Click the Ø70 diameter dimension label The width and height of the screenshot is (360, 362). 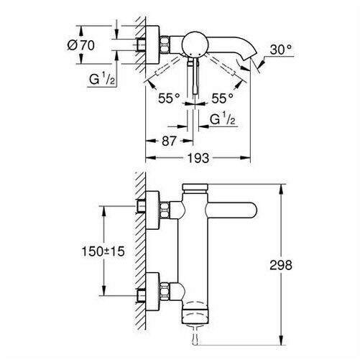[x=81, y=45]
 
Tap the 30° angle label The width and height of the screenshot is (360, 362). [x=281, y=50]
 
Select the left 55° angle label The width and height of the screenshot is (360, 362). [x=169, y=98]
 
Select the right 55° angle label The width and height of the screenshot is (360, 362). [x=222, y=98]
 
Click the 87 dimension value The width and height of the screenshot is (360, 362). [x=169, y=141]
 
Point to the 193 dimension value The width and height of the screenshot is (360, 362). [x=198, y=158]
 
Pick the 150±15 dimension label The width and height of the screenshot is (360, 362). [x=103, y=251]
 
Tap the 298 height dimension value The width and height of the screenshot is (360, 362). [x=281, y=265]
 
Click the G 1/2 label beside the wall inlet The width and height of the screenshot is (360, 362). [x=102, y=79]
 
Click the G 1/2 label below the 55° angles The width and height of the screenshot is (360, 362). [x=222, y=119]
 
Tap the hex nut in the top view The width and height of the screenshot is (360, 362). [x=165, y=45]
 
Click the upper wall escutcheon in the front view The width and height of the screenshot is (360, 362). [x=152, y=210]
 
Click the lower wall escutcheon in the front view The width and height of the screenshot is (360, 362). [x=152, y=292]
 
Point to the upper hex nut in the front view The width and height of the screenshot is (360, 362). [x=165, y=210]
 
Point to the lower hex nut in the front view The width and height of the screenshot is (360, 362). [x=165, y=292]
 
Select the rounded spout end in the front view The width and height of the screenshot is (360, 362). [x=249, y=210]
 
